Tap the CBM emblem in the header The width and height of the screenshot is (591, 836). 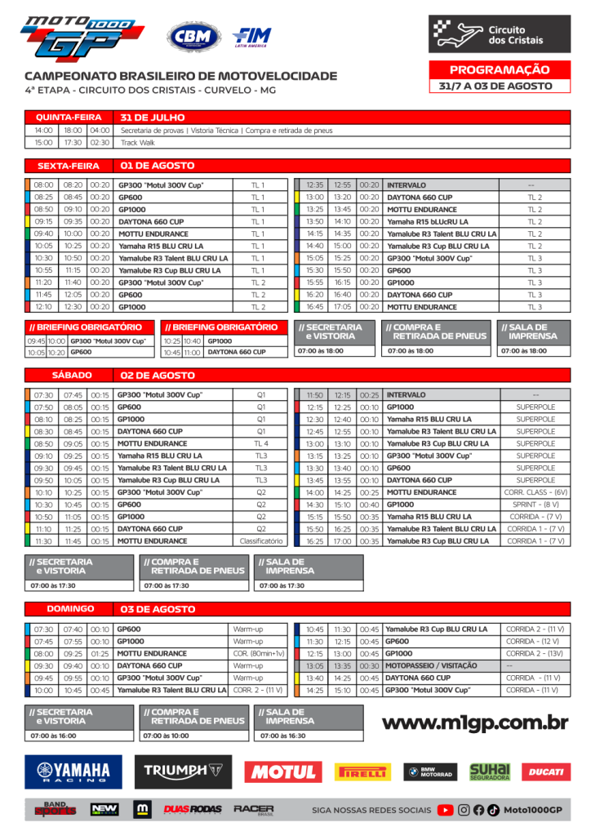193,37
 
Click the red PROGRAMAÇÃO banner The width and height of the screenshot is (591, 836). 500,70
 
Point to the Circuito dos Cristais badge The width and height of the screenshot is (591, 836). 500,33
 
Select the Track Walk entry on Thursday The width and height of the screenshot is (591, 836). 138,142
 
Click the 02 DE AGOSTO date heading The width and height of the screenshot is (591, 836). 158,376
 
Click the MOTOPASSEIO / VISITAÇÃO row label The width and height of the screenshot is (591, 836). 430,665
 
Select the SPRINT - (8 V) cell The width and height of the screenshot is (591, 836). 535,505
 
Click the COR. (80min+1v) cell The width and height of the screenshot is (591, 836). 258,653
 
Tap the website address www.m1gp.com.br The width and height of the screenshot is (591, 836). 475,723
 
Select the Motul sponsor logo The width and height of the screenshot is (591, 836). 282,772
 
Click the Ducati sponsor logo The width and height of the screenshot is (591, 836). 545,772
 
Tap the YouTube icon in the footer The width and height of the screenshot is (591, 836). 445,810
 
